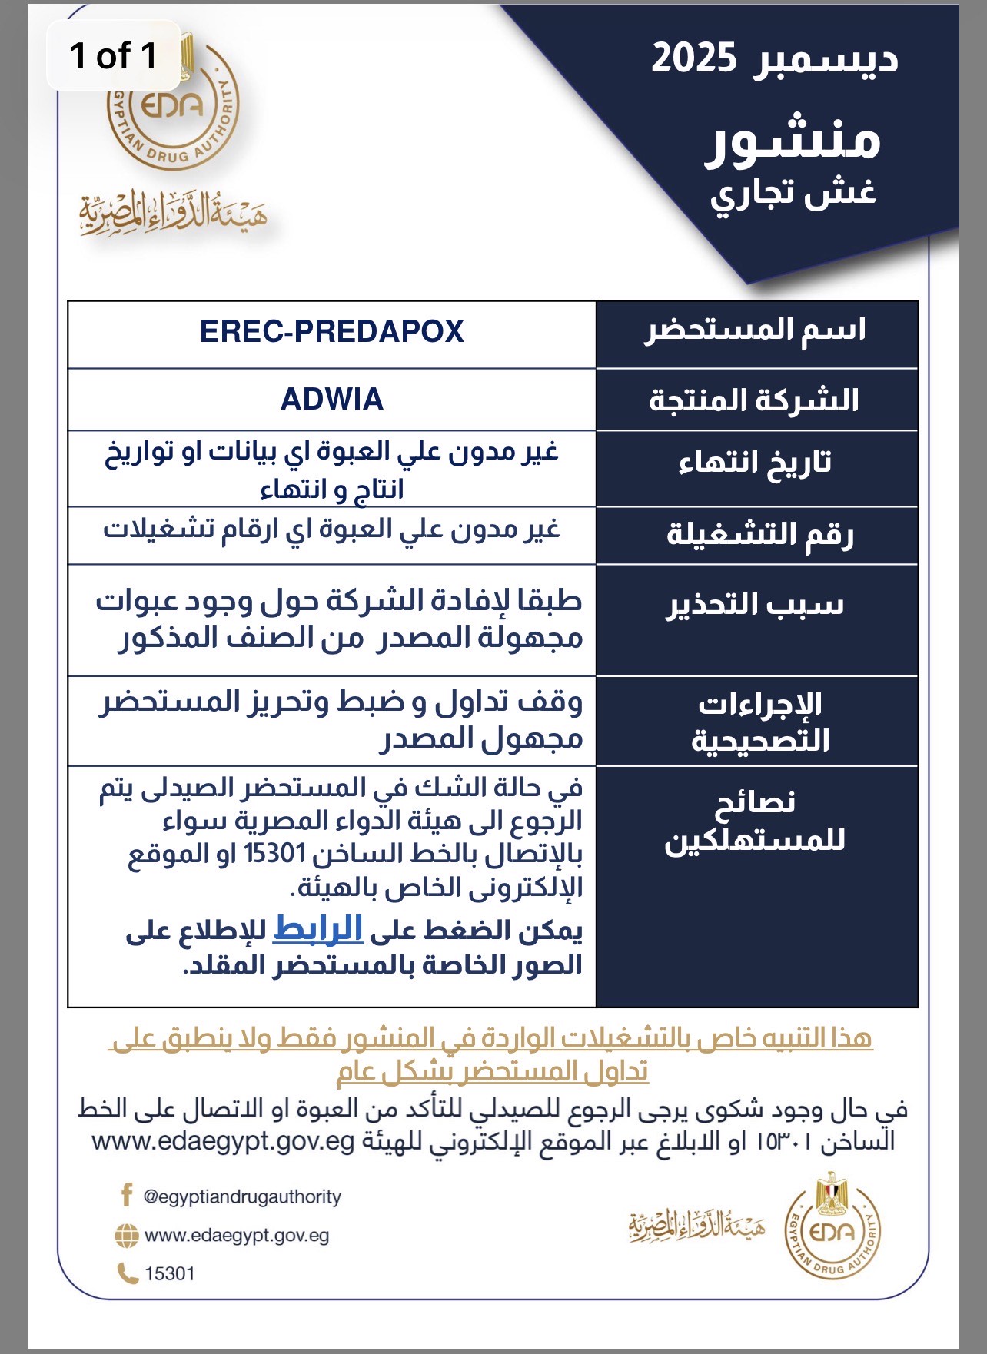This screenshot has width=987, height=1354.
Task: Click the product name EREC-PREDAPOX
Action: click(x=331, y=332)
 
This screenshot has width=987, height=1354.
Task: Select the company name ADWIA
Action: click(x=331, y=400)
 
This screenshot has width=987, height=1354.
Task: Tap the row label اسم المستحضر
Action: click(x=756, y=330)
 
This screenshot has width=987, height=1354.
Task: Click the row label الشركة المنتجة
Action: click(x=754, y=400)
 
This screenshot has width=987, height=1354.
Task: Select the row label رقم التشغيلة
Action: click(x=759, y=534)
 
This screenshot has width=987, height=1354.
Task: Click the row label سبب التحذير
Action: click(x=755, y=605)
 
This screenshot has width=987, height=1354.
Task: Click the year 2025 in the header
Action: click(x=693, y=58)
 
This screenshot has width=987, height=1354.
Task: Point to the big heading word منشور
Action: click(x=793, y=140)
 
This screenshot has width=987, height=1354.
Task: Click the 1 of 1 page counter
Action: click(x=114, y=56)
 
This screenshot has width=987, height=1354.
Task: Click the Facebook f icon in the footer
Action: click(x=127, y=1195)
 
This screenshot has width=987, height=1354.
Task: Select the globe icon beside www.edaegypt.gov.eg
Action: click(x=126, y=1236)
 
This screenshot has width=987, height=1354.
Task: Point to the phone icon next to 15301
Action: click(x=126, y=1273)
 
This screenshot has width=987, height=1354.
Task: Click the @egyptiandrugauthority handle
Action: click(x=242, y=1196)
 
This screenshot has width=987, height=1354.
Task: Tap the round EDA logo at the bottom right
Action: click(x=832, y=1230)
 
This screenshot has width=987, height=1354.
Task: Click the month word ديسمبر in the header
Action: click(x=826, y=60)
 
